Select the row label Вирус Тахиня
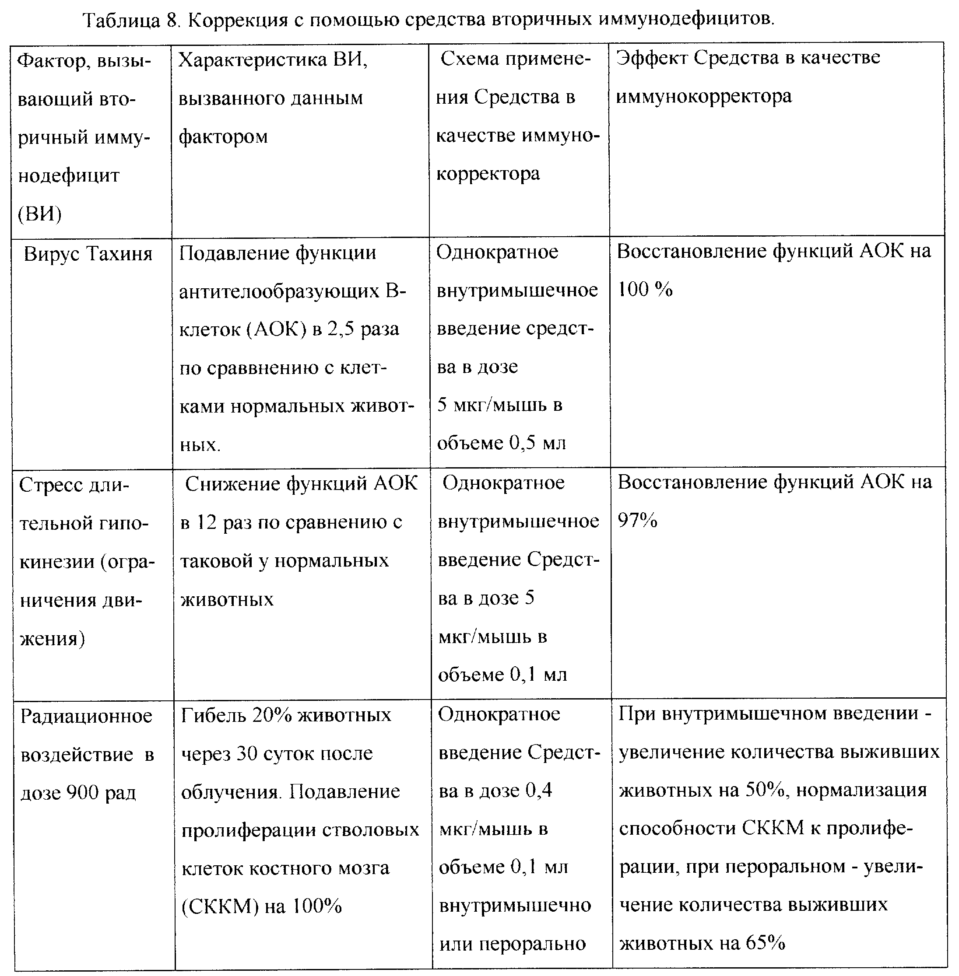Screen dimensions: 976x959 pos(88,254)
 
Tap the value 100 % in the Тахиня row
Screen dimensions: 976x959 pos(645,290)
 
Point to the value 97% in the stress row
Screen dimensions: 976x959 pos(638,521)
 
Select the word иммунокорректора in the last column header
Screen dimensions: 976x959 pos(704,96)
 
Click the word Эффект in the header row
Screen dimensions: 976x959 pos(652,58)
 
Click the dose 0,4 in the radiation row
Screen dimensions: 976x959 pos(538,791)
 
